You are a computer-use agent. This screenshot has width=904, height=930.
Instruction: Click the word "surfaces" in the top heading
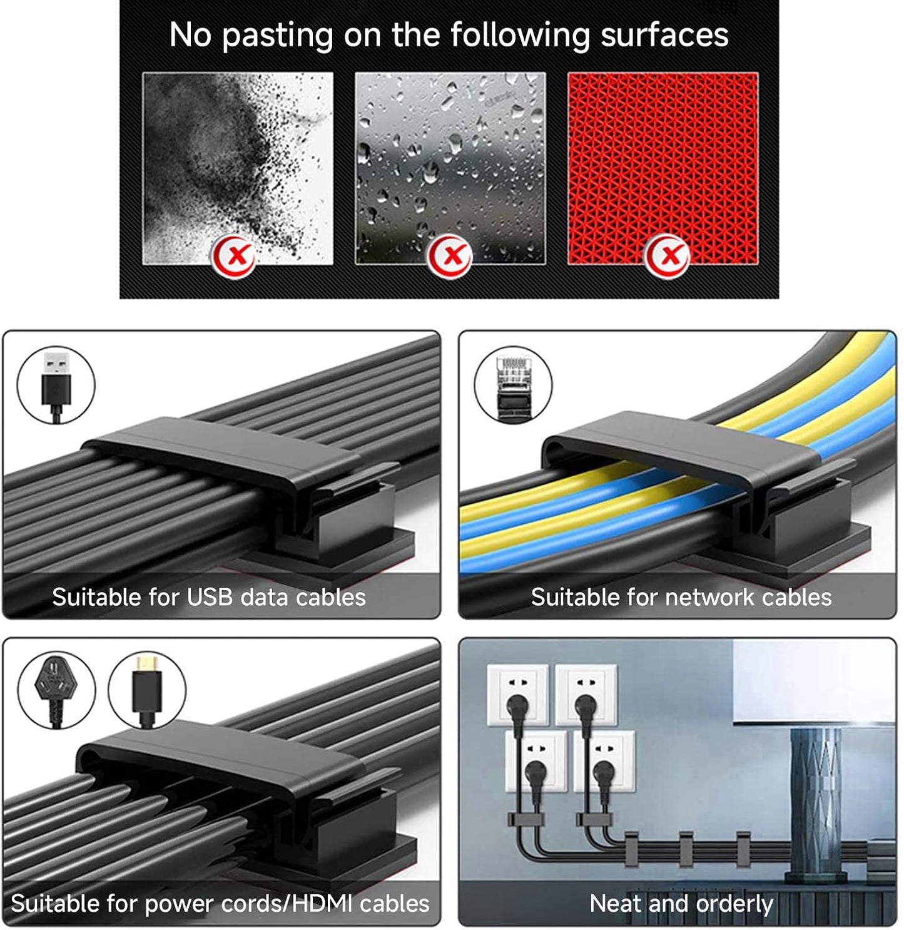pos(664,35)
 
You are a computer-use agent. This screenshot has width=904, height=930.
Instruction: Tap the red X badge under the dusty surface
pos(234,256)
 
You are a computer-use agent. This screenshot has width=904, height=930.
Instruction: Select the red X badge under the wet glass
pos(450,256)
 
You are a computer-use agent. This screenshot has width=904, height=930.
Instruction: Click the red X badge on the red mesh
pos(667,256)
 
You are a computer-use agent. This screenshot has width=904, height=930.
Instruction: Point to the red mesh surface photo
pos(663,168)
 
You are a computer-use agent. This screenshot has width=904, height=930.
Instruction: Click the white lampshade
pos(814,682)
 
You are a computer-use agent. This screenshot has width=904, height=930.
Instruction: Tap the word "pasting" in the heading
pos(278,36)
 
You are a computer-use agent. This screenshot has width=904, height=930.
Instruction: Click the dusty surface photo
pos(238,168)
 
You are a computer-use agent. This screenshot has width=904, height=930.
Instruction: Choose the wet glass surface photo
pos(450,168)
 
